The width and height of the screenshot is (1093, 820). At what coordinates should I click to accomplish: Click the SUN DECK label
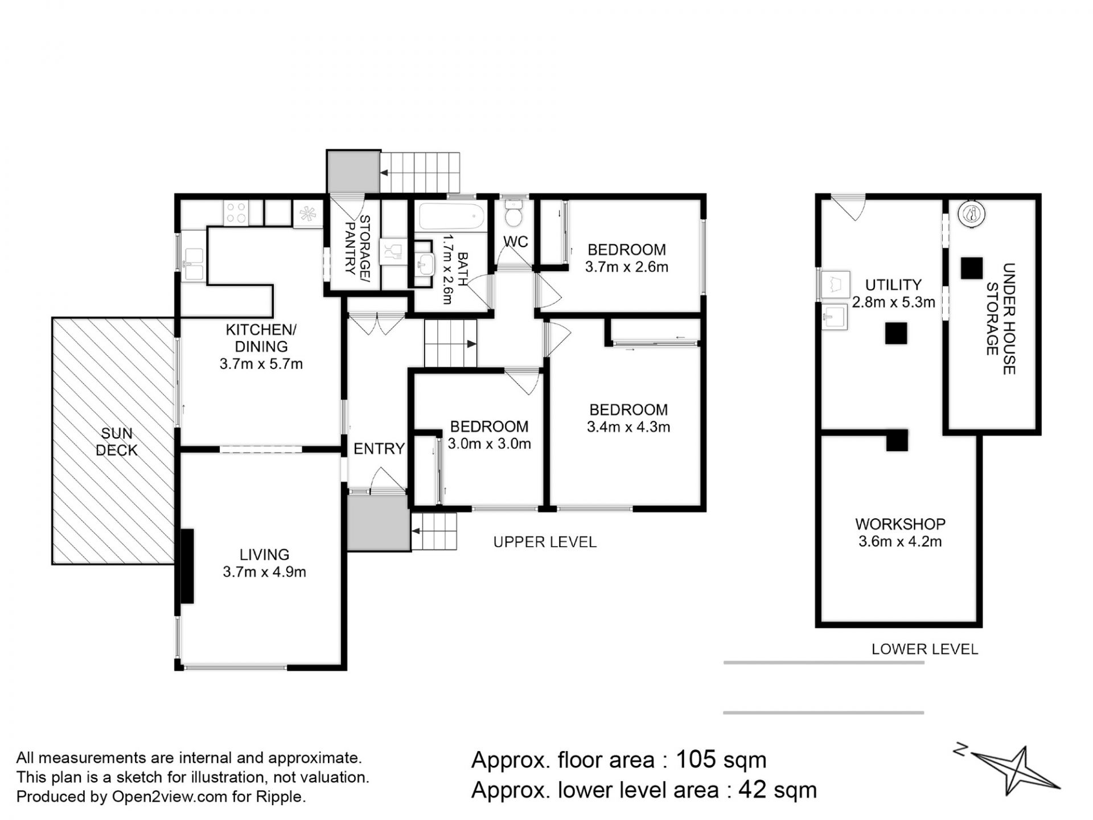[117, 442]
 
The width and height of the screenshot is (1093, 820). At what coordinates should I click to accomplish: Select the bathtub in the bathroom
[451, 217]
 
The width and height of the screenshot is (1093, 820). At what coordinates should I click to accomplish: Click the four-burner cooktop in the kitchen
[236, 212]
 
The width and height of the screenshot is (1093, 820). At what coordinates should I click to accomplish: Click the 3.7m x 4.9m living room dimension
[264, 572]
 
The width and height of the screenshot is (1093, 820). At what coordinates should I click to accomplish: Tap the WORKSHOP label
[900, 524]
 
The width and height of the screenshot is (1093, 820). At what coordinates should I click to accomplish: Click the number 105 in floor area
[695, 760]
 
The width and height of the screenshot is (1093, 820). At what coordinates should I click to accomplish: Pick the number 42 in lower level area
[750, 790]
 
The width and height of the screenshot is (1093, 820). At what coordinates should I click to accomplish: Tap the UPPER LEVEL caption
[545, 542]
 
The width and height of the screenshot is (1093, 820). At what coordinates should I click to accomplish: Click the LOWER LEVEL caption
[924, 649]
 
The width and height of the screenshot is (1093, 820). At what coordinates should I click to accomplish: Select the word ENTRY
[379, 449]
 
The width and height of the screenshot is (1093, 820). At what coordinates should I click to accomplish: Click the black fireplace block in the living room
[187, 565]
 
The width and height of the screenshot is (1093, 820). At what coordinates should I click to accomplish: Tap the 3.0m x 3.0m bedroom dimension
[489, 444]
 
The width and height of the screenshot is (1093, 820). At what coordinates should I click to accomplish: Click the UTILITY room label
[893, 285]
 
